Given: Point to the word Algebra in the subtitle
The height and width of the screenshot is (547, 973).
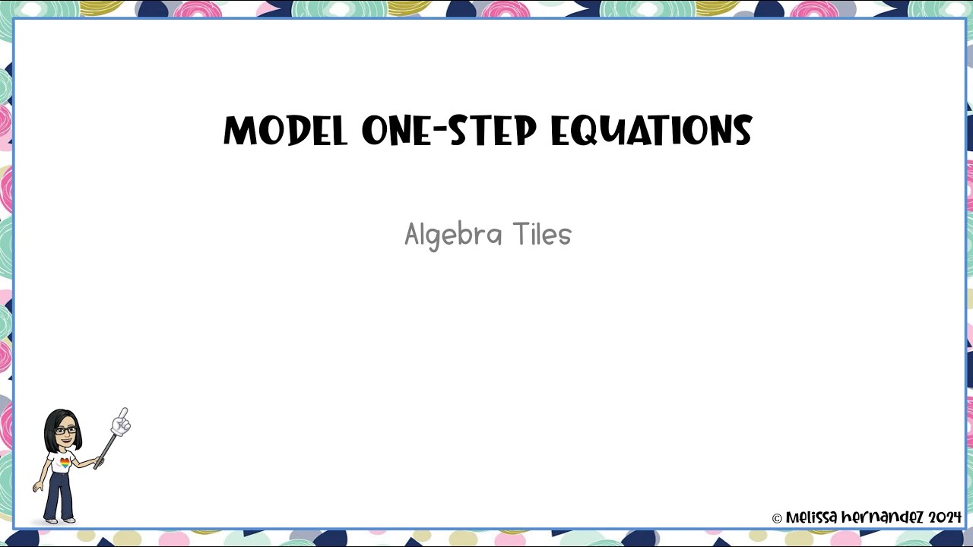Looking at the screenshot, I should click(453, 235).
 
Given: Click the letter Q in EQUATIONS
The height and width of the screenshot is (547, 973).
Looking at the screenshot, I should click(595, 132).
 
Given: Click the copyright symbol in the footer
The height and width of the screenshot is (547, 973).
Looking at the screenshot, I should click(777, 519).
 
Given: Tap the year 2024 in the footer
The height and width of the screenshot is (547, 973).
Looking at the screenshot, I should click(945, 517).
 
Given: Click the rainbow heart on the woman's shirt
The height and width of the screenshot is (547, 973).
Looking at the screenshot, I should click(65, 461).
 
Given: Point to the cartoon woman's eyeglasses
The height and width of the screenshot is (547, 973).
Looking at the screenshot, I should click(65, 430).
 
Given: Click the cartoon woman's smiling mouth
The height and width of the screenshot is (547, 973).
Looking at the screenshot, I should click(66, 440).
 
